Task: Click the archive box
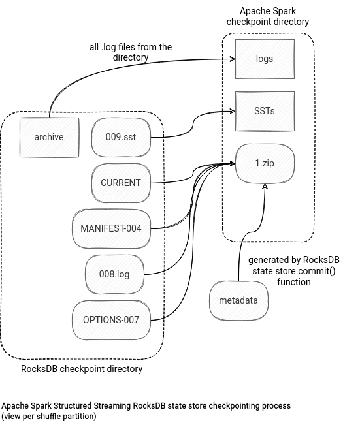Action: [x=50, y=137]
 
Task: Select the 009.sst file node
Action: [x=121, y=137]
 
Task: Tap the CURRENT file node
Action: [x=121, y=183]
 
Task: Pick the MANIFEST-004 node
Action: [x=111, y=228]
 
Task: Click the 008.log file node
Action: [x=114, y=274]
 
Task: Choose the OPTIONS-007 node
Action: [x=111, y=320]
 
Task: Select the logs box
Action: [x=265, y=59]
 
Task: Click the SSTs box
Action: [x=265, y=111]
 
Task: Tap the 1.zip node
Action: [x=265, y=163]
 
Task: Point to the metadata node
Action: [x=238, y=300]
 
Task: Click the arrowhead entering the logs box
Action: [x=233, y=59]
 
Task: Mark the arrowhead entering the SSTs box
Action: [x=233, y=111]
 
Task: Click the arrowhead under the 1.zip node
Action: [x=265, y=186]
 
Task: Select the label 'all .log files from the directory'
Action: [x=131, y=52]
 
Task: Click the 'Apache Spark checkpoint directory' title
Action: [x=268, y=16]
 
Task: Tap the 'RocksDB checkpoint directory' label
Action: [x=82, y=369]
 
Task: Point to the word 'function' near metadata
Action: [x=294, y=282]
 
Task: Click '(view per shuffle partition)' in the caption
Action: [x=49, y=416]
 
